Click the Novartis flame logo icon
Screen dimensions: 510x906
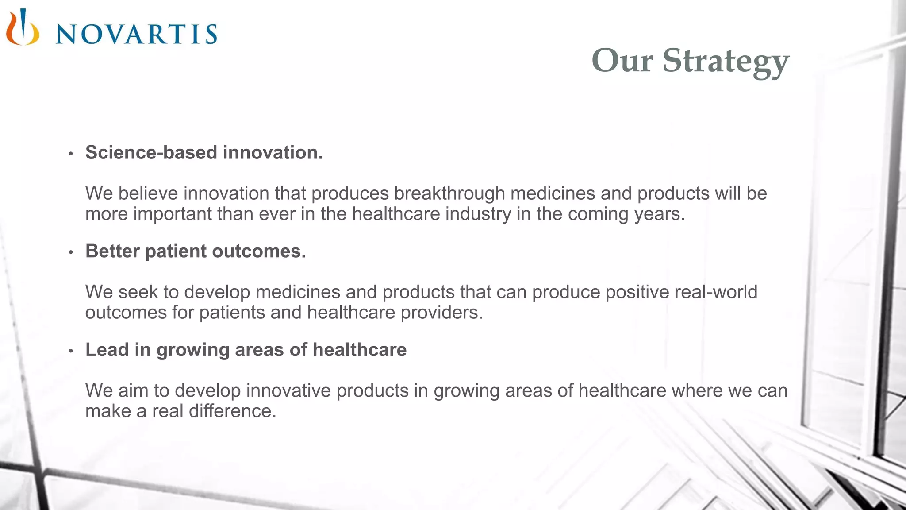[22, 27]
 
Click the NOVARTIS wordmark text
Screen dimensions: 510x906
[136, 34]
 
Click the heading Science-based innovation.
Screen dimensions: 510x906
[204, 152]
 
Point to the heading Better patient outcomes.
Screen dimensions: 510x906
[196, 251]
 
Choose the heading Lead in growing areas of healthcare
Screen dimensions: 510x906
[246, 350]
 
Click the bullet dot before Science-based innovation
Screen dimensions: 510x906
[71, 154]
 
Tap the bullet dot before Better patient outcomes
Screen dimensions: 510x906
[71, 253]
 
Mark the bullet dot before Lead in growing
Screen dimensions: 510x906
[71, 352]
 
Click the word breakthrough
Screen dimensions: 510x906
[449, 193]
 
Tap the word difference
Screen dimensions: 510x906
[232, 411]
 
